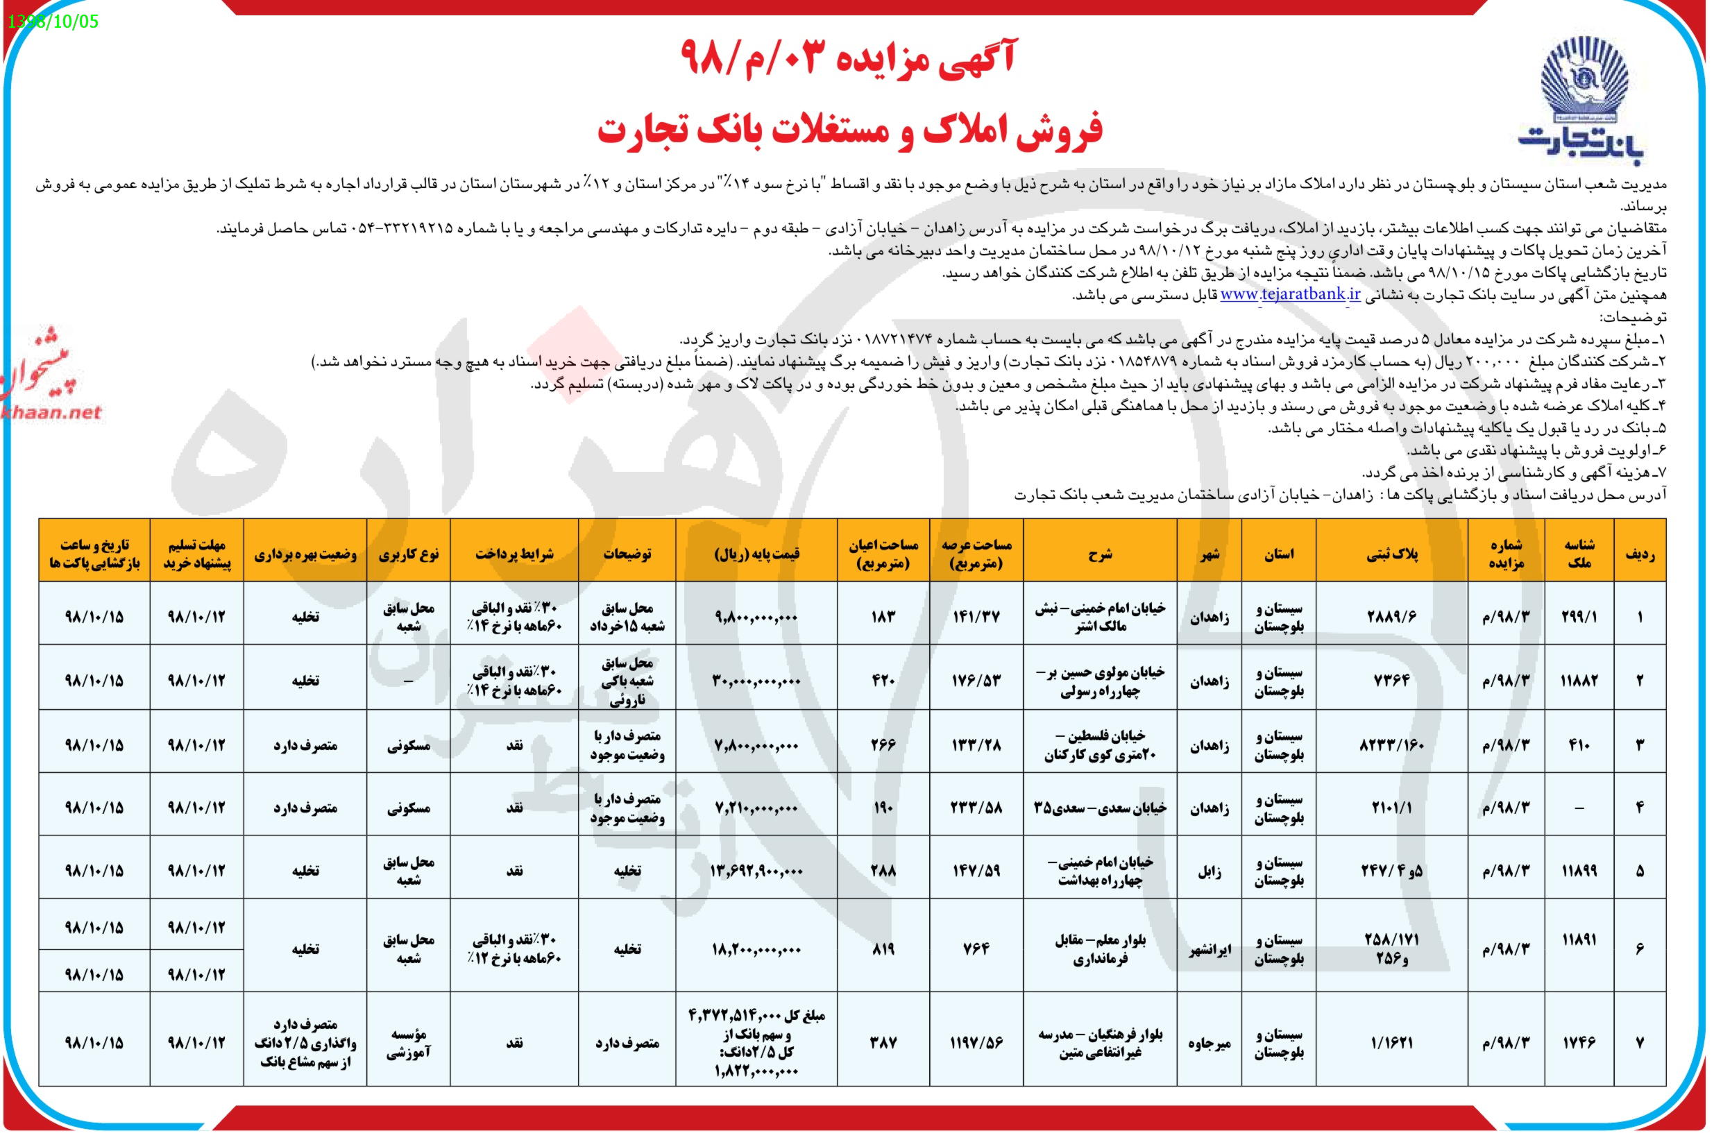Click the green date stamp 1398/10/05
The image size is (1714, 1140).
[52, 21]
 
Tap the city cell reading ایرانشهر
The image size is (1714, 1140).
[1210, 949]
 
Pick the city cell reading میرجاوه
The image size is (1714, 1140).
[1210, 1043]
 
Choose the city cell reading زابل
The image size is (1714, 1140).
[1210, 871]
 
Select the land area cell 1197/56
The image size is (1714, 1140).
[976, 1043]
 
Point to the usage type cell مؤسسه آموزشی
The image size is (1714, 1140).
[408, 1043]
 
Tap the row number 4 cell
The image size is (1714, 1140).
[1639, 808]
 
